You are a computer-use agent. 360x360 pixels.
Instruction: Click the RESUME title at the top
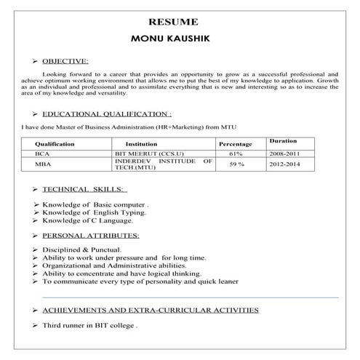179,22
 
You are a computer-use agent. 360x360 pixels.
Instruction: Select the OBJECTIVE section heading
65,61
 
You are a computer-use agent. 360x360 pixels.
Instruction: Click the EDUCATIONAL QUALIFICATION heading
107,114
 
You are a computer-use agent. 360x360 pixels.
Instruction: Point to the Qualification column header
55,144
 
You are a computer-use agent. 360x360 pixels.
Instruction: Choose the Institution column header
141,144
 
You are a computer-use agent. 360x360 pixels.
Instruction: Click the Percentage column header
235,144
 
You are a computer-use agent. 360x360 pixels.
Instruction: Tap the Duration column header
283,140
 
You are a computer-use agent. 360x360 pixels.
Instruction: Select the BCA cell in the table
42,154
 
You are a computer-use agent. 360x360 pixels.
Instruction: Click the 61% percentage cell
235,154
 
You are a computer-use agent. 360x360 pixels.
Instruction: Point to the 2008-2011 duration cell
283,154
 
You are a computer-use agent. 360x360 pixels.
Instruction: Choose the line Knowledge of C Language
87,220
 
